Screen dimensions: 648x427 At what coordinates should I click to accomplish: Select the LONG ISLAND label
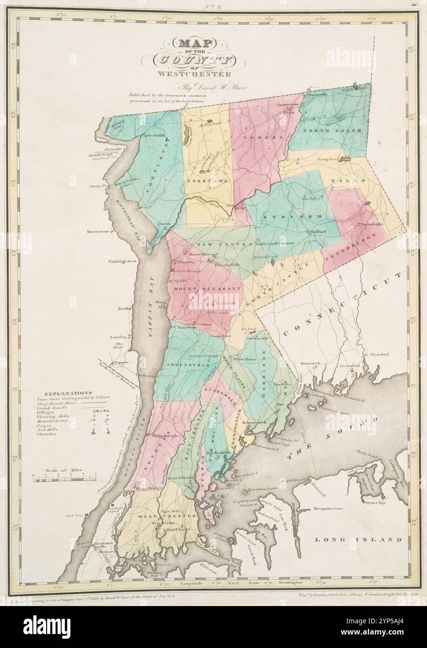point(358,539)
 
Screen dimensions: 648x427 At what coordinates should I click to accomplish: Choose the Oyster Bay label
point(375,503)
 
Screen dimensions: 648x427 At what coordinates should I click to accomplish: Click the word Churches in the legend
point(46,434)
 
